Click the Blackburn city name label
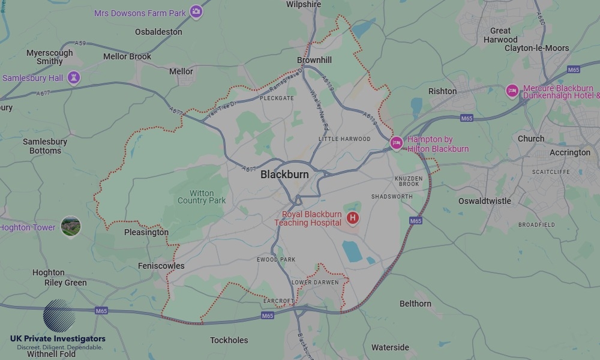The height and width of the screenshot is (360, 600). (284, 175)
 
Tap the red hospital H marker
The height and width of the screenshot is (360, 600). (353, 218)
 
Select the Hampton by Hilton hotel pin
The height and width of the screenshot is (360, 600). (395, 143)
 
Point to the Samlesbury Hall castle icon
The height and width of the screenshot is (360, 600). (73, 77)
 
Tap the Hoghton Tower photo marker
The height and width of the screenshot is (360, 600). (71, 226)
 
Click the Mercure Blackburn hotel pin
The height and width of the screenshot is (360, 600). (512, 91)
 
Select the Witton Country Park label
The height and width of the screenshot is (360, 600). (202, 197)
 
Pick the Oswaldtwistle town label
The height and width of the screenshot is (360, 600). (484, 201)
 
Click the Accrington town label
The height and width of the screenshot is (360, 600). (570, 152)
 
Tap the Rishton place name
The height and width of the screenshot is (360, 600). (442, 91)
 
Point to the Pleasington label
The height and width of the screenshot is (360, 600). (146, 232)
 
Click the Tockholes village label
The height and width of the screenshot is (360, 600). (229, 340)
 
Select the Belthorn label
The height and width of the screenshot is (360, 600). (415, 304)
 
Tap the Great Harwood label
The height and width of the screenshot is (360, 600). (500, 35)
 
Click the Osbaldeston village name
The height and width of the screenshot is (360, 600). (158, 31)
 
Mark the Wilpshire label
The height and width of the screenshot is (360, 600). (304, 4)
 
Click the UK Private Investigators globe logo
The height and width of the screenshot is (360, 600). (59, 316)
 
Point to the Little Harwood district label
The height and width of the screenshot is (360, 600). (344, 139)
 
